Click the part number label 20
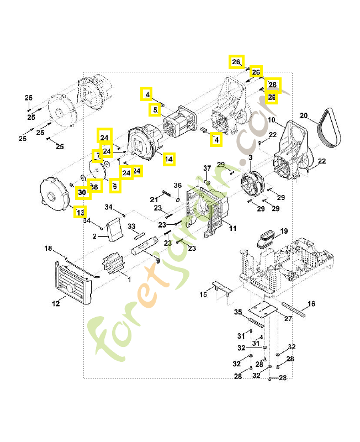coord(303,115)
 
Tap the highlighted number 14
coord(168,159)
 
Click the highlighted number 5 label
coord(155,110)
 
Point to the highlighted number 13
coord(81,212)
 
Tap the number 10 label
coord(272,120)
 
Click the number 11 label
coord(232,228)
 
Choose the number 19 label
coord(284,231)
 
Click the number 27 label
coord(288,319)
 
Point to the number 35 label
coord(238,312)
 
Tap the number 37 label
coord(208,168)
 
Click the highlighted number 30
coord(82,192)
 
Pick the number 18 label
coord(48,249)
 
